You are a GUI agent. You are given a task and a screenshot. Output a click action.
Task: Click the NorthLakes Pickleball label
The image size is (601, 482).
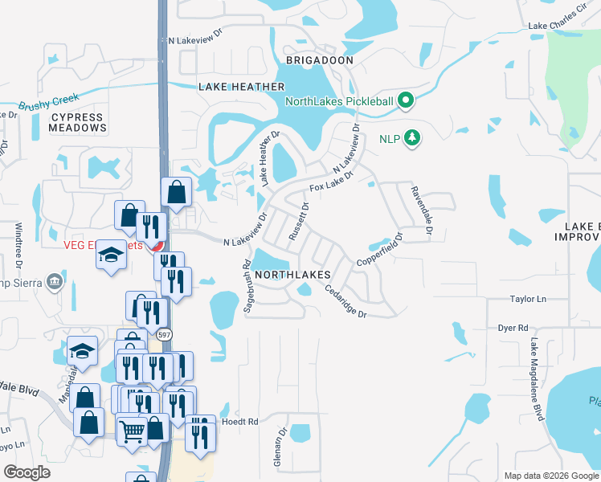coord(340,101)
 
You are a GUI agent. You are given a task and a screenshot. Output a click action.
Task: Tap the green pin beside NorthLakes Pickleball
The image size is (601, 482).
coord(407,100)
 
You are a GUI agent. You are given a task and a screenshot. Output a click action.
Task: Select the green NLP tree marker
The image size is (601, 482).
coord(412,138)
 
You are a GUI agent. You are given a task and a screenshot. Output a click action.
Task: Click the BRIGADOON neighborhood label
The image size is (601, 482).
coord(319,60)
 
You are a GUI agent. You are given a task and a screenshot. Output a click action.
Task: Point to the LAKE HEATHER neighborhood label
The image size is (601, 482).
coord(242,87)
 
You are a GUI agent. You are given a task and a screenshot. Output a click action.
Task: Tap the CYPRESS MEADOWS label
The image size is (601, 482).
coord(78,122)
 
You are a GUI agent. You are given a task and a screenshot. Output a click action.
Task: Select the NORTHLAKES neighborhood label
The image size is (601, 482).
coord(295,275)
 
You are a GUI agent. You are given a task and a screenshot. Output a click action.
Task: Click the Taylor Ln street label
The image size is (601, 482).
coord(528,299)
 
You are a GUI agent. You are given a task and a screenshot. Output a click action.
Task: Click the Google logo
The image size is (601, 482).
coord(27,472)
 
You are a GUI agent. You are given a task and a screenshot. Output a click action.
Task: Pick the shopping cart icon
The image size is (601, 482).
coord(130,430)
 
